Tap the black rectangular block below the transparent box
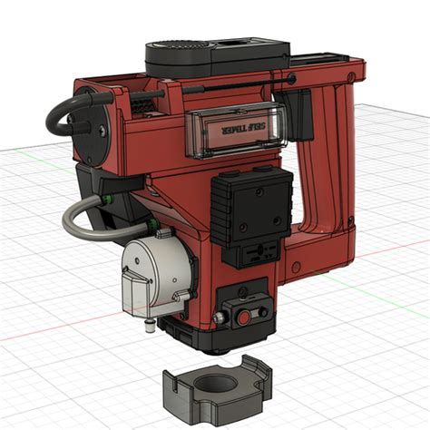(251, 205)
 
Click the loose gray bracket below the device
(214, 389)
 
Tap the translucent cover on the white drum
(135, 292)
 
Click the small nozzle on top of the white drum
(161, 235)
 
